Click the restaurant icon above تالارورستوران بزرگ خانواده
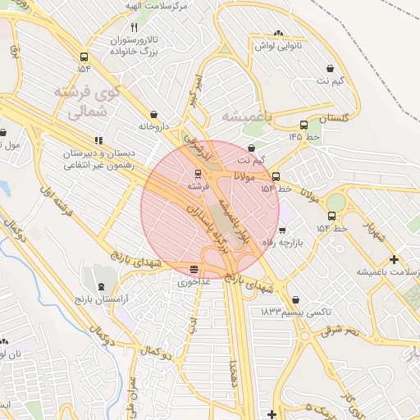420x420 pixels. point(135,27)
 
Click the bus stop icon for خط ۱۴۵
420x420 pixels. point(304,126)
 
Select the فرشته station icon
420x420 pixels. point(197,174)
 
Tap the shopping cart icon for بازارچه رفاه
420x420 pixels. point(282,231)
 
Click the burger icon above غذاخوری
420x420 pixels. point(194,269)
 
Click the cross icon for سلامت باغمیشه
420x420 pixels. point(394,259)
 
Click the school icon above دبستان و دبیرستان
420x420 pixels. point(98,139)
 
